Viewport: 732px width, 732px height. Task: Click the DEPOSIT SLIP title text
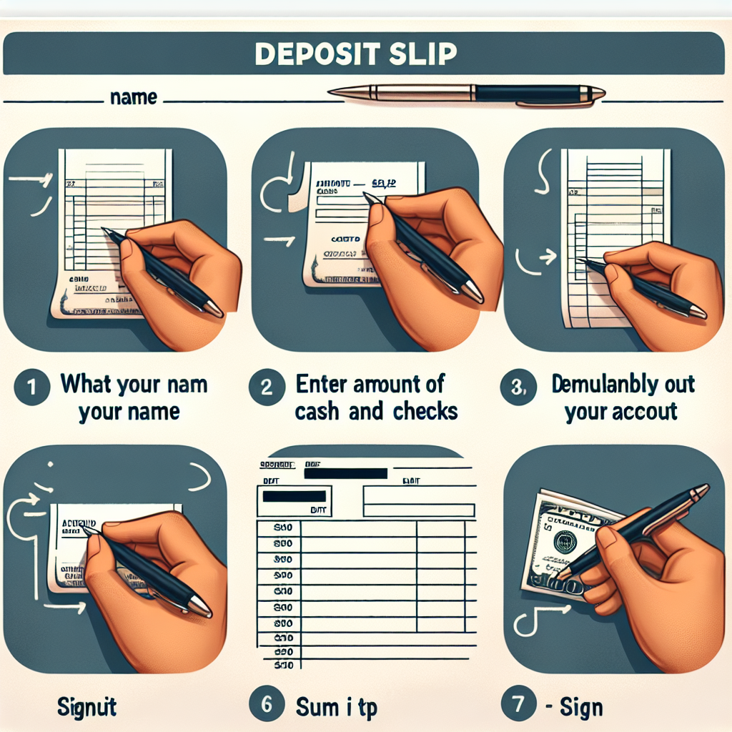pyautogui.click(x=355, y=55)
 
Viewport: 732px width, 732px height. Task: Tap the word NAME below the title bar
pyautogui.click(x=134, y=97)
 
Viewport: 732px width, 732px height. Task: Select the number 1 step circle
pyautogui.click(x=31, y=387)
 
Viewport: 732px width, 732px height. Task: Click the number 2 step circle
pyautogui.click(x=266, y=387)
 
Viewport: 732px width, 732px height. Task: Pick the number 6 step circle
pyautogui.click(x=266, y=705)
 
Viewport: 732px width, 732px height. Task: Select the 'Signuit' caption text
pyautogui.click(x=87, y=708)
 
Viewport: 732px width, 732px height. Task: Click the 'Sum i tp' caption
pyautogui.click(x=336, y=708)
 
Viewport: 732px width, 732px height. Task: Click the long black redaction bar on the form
pyautogui.click(x=345, y=473)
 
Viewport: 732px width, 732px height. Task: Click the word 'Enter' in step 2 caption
pyautogui.click(x=321, y=385)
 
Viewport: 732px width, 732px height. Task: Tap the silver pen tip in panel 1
pyautogui.click(x=213, y=308)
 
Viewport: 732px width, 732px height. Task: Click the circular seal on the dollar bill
pyautogui.click(x=565, y=541)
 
